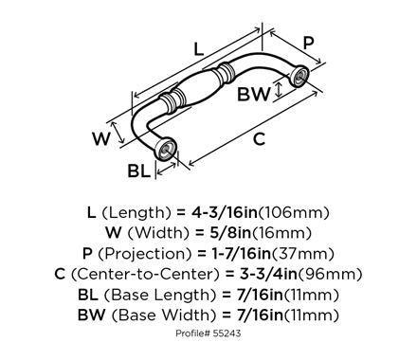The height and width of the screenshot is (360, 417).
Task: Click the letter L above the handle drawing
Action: [x=196, y=46]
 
